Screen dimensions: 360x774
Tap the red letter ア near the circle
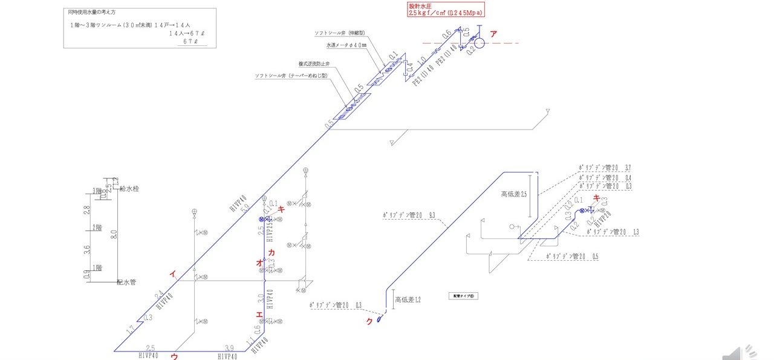[x=493, y=34]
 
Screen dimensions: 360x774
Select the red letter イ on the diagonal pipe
[x=173, y=274]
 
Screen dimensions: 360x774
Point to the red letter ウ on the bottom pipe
[x=174, y=356]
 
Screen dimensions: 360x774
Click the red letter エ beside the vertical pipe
[x=259, y=315]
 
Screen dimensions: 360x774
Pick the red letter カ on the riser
[x=271, y=252]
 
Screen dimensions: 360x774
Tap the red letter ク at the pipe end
[x=369, y=321]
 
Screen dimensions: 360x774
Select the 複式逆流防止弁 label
[x=316, y=64]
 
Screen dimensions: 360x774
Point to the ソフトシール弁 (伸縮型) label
[x=342, y=32]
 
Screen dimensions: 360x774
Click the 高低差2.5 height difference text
[x=515, y=195]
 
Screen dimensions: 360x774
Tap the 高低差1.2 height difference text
[x=407, y=299]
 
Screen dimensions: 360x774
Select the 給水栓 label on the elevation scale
[x=129, y=189]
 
